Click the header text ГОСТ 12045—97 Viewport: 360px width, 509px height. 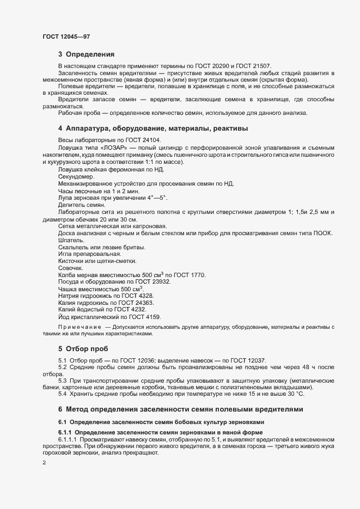[66, 36]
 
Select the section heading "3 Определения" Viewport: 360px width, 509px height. [86, 54]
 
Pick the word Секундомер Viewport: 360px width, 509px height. [76, 176]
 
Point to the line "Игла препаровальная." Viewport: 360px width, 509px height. [89, 254]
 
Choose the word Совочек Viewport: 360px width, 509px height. [70, 268]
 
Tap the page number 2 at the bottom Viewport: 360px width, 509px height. [44, 463]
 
